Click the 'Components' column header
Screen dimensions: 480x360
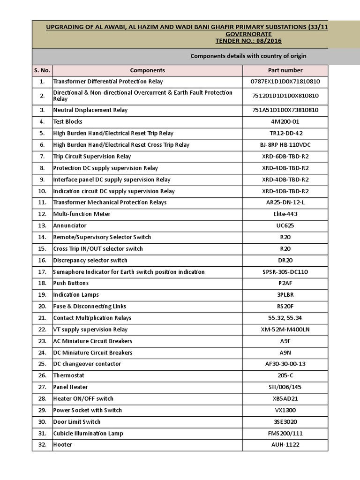pos(147,70)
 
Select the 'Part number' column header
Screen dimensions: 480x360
pos(285,70)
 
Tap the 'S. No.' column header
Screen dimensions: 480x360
pos(42,70)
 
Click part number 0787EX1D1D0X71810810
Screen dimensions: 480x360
pos(285,82)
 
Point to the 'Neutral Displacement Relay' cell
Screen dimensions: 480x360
pos(90,110)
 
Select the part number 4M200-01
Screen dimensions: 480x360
pos(285,122)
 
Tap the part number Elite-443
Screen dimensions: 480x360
pos(285,214)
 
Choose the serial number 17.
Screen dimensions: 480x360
pos(42,272)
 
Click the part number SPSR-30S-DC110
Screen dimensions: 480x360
pos(285,272)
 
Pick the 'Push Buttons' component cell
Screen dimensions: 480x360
pos(71,283)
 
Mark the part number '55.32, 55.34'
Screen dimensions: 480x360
pos(285,318)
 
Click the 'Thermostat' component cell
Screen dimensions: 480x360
pos(69,375)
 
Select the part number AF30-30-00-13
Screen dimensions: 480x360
pos(285,364)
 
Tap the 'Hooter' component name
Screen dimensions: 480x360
pos(63,444)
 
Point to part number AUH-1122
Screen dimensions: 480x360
pos(285,444)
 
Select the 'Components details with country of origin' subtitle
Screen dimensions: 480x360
pos(248,56)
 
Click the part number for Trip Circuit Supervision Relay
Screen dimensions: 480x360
pos(285,157)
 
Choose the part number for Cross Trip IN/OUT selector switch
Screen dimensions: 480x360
pos(285,249)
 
